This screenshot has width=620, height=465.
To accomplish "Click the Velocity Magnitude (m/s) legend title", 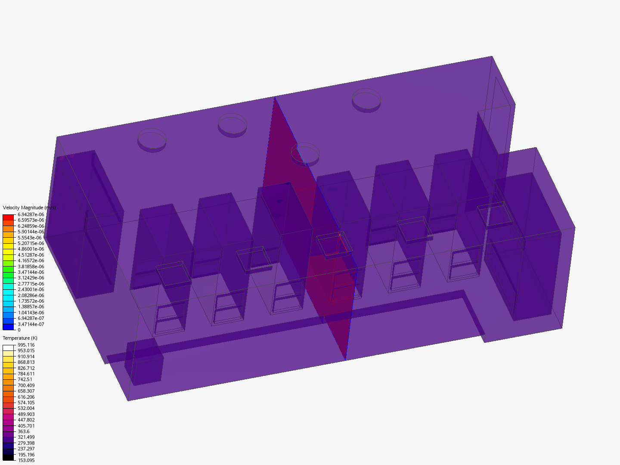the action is (29, 208).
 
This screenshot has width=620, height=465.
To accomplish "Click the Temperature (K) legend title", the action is (20, 338).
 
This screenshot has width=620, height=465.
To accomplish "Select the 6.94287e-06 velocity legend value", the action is (31, 214).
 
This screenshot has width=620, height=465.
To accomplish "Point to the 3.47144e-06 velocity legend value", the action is (31, 272).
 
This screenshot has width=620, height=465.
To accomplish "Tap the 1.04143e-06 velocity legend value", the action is (31, 313).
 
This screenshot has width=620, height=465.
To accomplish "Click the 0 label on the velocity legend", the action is (19, 330).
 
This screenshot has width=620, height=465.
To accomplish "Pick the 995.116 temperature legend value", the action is (26, 345).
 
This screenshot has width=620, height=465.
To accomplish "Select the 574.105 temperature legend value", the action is (26, 403).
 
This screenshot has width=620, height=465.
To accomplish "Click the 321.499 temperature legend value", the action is (26, 437).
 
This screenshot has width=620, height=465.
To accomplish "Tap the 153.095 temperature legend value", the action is (26, 460).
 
